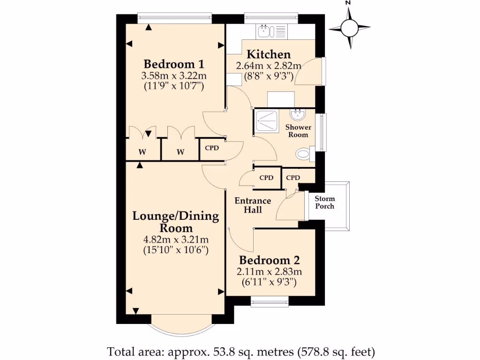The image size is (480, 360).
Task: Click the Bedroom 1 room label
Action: [173, 64]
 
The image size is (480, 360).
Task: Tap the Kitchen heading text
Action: [269, 54]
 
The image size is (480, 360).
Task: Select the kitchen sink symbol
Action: [265, 31]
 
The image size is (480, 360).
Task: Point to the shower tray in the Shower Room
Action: [267, 121]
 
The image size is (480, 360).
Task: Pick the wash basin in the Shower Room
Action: [298, 115]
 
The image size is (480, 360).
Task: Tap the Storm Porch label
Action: [324, 202]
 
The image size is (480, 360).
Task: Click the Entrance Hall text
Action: [253, 205]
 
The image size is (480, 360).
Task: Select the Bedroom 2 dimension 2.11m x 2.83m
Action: [269, 271]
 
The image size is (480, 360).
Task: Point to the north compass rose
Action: [349, 28]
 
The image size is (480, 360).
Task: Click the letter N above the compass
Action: [348, 3]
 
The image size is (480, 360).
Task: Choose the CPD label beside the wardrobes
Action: [212, 148]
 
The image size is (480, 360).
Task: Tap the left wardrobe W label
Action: [142, 151]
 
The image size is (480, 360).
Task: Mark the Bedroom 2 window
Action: [270, 303]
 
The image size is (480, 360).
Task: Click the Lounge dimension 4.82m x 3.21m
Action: [176, 240]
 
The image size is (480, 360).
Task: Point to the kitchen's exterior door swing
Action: [308, 71]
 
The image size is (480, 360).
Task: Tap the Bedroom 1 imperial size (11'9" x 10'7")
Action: [173, 86]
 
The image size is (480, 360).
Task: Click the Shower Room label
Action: [298, 131]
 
